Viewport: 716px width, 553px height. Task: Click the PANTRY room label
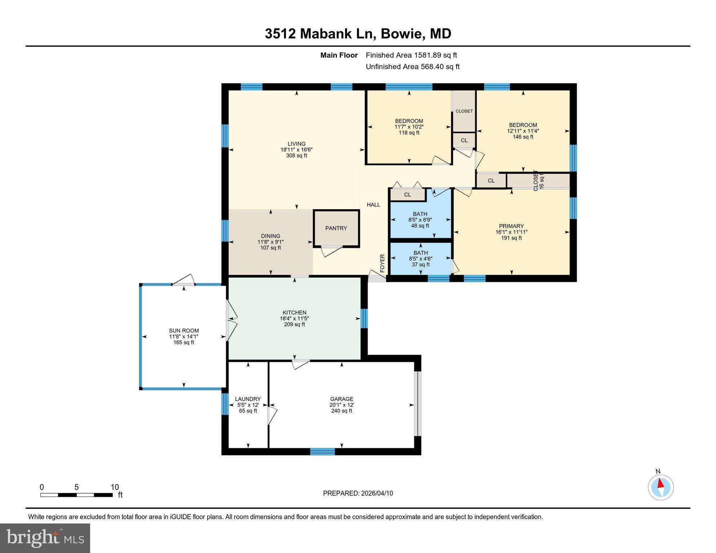(x=336, y=228)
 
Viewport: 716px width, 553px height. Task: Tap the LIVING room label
(x=297, y=144)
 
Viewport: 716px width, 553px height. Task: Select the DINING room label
(x=271, y=236)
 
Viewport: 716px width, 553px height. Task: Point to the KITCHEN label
(x=294, y=313)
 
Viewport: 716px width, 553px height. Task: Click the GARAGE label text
(x=342, y=399)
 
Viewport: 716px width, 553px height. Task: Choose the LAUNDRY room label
(x=248, y=399)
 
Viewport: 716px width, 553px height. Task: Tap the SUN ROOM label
(x=184, y=331)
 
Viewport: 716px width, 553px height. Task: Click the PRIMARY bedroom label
(x=511, y=226)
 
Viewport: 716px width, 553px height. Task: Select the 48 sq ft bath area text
(x=420, y=226)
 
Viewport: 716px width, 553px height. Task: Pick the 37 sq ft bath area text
(x=421, y=265)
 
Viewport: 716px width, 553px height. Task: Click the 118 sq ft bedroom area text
(x=409, y=132)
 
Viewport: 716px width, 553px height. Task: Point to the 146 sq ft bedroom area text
(x=523, y=137)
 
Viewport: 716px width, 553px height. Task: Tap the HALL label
(x=373, y=205)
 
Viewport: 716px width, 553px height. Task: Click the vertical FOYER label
(x=382, y=263)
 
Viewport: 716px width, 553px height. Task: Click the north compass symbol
(x=661, y=487)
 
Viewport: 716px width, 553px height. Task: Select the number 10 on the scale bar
(x=115, y=487)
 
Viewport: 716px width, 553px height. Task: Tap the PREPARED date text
(x=358, y=493)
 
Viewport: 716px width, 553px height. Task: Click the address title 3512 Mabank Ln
(x=320, y=34)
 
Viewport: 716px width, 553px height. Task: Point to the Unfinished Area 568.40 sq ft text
(x=413, y=67)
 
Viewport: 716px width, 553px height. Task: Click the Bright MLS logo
(x=45, y=538)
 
